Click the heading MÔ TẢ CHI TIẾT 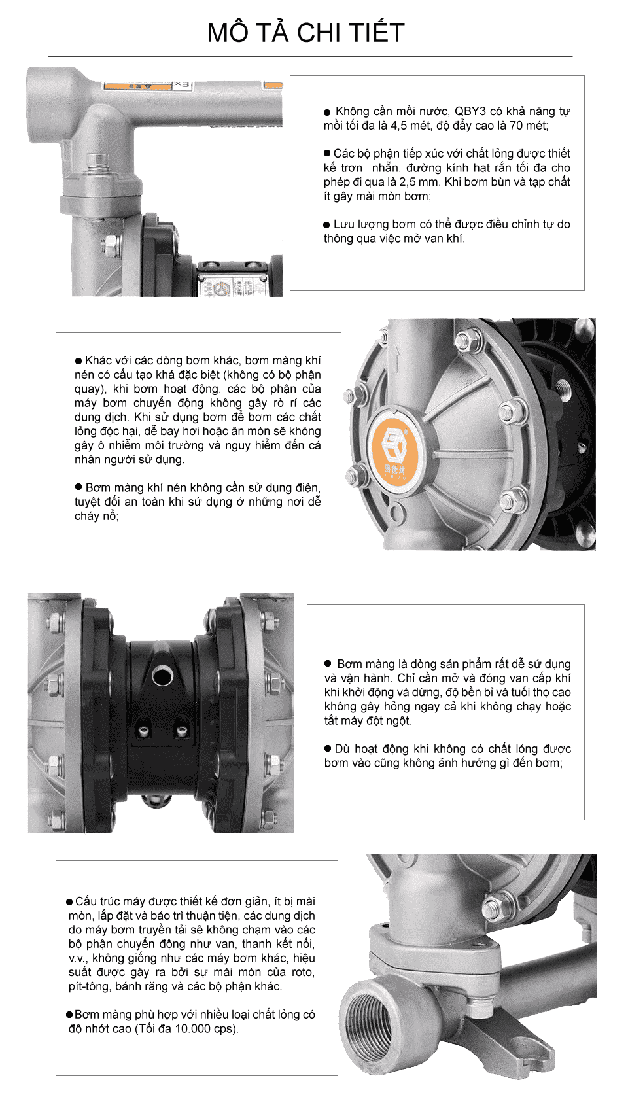coord(306,33)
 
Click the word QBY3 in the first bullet coord(470,111)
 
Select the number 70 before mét coord(517,126)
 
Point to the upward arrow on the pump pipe coord(395,357)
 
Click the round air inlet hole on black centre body coord(162,674)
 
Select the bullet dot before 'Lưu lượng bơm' coord(327,224)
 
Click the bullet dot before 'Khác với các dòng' coord(78,360)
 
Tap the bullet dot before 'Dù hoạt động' coord(328,748)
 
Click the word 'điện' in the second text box coord(307,487)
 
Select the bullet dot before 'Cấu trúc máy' coord(69,902)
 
